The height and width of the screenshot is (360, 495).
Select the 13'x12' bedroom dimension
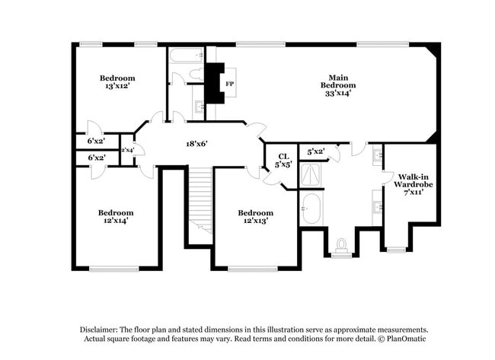tap(117, 87)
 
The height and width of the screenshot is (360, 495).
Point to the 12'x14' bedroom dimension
tap(116, 221)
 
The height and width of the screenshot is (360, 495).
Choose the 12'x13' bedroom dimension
tap(255, 221)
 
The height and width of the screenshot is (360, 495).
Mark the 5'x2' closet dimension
tap(315, 151)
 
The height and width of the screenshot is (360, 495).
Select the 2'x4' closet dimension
tap(128, 150)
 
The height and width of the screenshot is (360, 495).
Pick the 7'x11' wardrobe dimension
tap(414, 193)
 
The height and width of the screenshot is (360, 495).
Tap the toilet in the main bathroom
tap(340, 245)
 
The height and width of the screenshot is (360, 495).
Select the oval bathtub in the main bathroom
tap(311, 207)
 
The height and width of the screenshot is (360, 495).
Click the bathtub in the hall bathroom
tap(186, 56)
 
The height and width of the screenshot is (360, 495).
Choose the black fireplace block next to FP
tap(216, 83)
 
